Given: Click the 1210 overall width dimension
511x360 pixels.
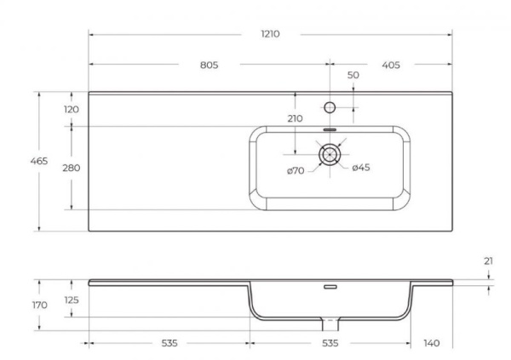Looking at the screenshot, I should point(270,34).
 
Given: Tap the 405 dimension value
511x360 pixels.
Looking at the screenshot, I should point(391,65).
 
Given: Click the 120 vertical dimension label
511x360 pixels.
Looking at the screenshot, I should point(71,109).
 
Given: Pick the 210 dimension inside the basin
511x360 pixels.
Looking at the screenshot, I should point(295,119).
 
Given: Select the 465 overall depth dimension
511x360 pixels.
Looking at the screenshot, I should point(38,161).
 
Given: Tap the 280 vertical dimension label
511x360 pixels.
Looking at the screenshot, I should point(71,168).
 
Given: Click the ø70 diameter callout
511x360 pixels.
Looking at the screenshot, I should point(296,171).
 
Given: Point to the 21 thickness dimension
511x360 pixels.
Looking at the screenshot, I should point(487,261).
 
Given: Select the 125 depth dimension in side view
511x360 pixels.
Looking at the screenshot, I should point(71,300).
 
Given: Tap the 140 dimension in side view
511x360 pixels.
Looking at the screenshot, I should point(432,343).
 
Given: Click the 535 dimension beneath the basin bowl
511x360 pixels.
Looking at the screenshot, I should point(330,343).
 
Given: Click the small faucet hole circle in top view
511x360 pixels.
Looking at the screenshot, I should point(330,108).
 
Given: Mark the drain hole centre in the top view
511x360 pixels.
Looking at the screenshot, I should point(330,154).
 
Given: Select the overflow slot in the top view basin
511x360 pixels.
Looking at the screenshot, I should point(330,129).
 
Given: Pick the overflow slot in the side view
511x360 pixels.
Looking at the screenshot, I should point(330,287).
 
